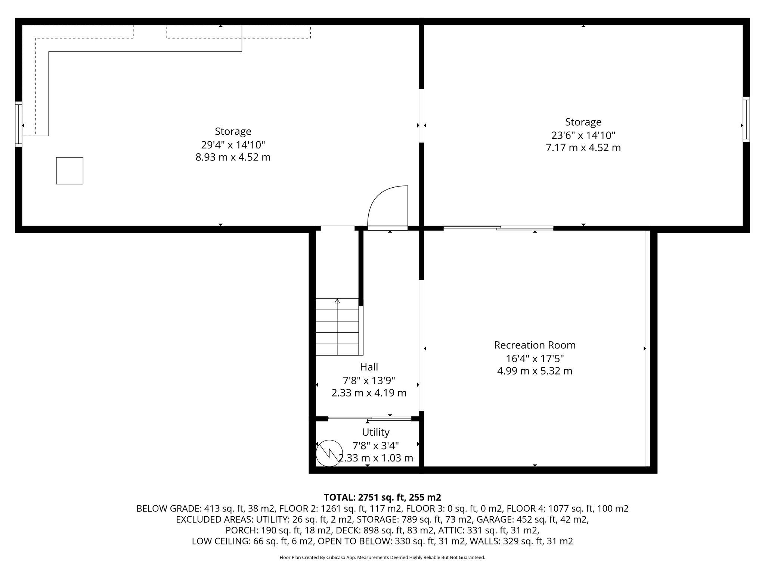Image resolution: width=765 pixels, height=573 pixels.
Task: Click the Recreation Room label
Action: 535,345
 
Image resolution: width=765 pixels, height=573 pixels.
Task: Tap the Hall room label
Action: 369,367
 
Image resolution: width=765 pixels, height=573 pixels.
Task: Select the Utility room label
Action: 375,432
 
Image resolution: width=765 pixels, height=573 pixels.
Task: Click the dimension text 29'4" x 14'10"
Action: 233,144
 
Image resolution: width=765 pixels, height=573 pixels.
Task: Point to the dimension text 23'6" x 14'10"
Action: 583,135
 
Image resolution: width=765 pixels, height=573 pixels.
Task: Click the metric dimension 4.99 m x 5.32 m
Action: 535,371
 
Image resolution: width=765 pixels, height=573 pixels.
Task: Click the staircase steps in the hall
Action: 337,328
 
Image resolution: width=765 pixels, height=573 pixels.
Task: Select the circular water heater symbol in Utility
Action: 329,453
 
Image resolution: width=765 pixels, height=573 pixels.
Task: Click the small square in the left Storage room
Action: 69,170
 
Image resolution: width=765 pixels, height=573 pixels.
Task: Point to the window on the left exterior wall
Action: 18,124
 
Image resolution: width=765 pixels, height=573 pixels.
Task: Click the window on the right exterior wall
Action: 746,119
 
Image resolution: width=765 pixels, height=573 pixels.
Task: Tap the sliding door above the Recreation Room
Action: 498,228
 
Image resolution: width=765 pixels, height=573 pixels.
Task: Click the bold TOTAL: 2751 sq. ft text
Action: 382,497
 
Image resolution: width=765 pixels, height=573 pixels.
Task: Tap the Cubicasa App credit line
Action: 382,558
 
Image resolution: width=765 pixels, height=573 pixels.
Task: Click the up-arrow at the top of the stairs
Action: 337,301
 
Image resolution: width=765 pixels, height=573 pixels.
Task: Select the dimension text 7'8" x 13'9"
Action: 369,380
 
